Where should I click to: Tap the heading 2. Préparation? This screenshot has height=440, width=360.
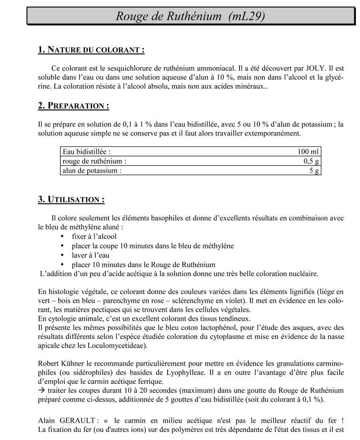click(x=74, y=106)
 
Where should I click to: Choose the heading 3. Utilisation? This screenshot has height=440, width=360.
click(x=71, y=200)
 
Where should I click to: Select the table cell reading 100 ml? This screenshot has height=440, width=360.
click(x=308, y=152)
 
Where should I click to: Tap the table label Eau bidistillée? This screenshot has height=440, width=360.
click(x=86, y=152)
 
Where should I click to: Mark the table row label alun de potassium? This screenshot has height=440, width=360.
click(x=92, y=171)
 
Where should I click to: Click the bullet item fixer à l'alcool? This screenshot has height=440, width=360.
click(x=94, y=236)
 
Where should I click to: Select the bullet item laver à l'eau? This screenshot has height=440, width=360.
click(x=90, y=255)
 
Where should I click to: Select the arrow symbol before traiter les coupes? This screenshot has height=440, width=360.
click(x=41, y=390)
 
